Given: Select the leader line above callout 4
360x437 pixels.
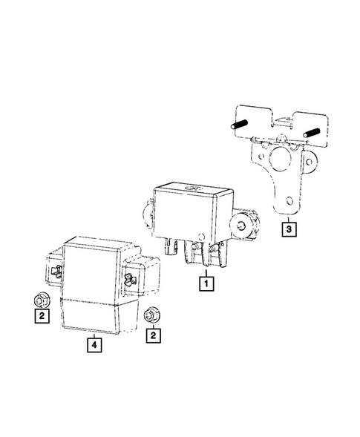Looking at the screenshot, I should (93, 332).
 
